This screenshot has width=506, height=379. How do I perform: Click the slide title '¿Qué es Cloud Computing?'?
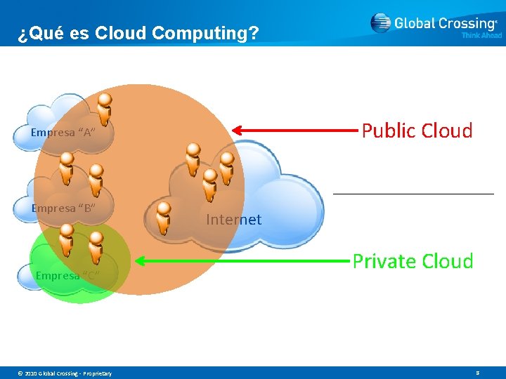pyautogui.click(x=138, y=33)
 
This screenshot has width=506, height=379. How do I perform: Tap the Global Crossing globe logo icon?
pyautogui.click(x=380, y=23)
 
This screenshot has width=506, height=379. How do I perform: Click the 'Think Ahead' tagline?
pyautogui.click(x=481, y=36)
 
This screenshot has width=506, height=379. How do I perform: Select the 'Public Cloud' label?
pyautogui.click(x=417, y=131)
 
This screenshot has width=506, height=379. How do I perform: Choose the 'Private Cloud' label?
pyautogui.click(x=413, y=261)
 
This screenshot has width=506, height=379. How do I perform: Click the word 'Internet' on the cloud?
pyautogui.click(x=233, y=220)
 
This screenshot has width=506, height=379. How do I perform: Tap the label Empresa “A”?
pyautogui.click(x=63, y=133)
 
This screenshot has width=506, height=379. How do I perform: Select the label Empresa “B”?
pyautogui.click(x=63, y=208)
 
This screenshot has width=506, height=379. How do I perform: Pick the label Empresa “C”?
pyautogui.click(x=67, y=275)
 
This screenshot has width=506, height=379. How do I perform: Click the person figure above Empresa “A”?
pyautogui.click(x=104, y=109)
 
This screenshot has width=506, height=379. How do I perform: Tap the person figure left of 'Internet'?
pyautogui.click(x=164, y=218)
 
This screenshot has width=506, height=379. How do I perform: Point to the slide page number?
pyautogui.click(x=477, y=373)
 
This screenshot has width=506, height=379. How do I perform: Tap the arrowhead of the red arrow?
pyautogui.click(x=238, y=130)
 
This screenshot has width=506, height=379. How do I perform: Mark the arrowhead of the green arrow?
pyautogui.click(x=139, y=262)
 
